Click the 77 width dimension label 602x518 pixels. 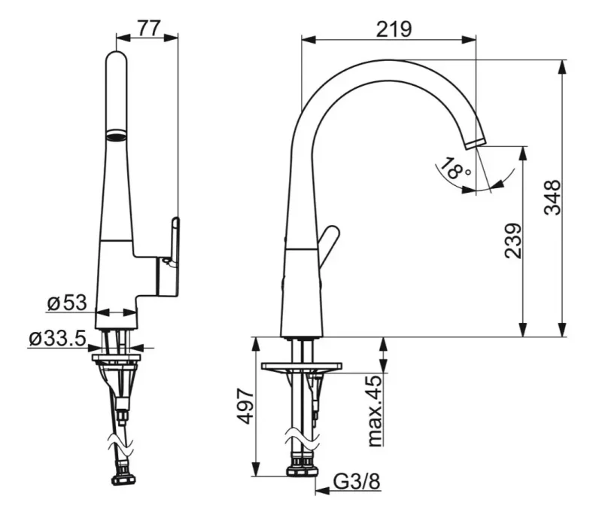[x=148, y=28]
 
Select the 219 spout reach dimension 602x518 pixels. [x=394, y=29]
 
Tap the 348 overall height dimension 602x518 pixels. [x=552, y=197]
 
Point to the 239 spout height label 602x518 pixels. [x=513, y=241]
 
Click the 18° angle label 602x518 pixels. [x=455, y=169]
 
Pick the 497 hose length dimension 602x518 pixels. [x=245, y=406]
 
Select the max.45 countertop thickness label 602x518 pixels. [x=375, y=411]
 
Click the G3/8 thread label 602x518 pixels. [x=357, y=482]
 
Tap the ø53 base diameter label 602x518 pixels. [x=67, y=303]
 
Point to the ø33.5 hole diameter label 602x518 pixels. [x=57, y=339]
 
